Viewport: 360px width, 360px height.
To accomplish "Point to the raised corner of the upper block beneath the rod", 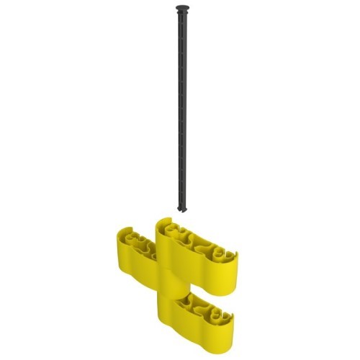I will point(165,225).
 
